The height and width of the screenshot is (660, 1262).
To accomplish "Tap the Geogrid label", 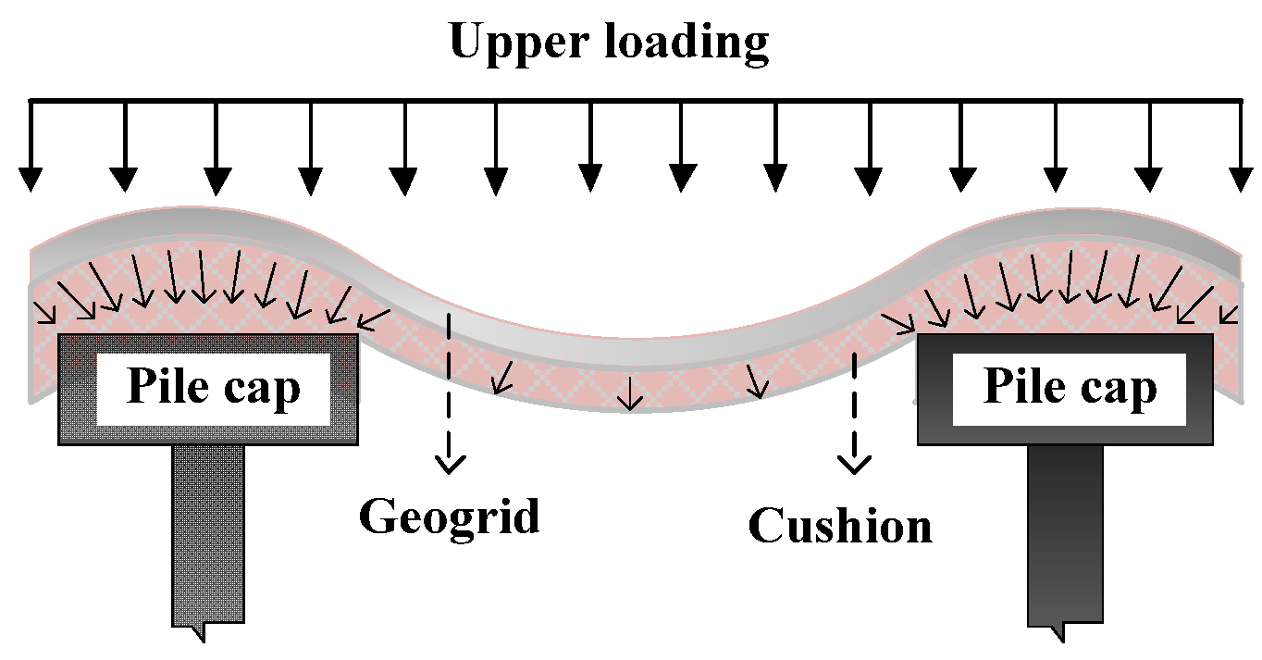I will (449, 516).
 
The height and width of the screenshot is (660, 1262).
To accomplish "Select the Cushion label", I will (839, 525).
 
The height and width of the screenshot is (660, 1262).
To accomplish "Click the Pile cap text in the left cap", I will (213, 387).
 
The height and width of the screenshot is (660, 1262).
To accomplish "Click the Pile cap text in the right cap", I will (1069, 387).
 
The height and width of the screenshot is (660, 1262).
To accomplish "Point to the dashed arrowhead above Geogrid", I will (450, 464).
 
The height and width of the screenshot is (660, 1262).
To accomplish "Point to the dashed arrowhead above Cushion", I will (853, 464).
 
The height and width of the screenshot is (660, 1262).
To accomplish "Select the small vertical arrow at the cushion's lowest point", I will (630, 396).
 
